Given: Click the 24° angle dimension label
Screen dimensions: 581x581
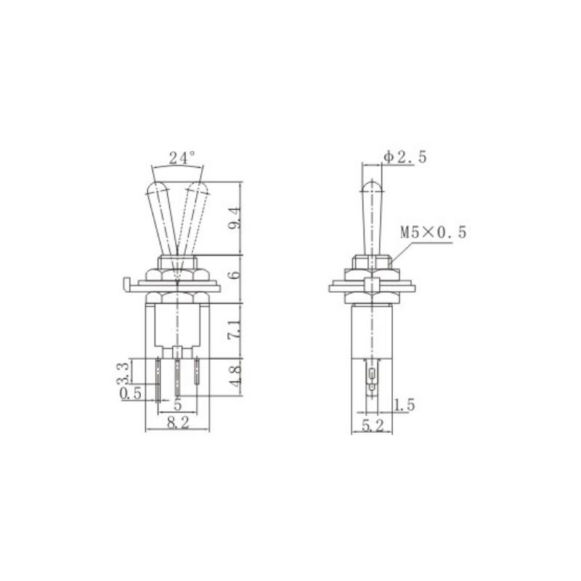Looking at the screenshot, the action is click(x=182, y=158).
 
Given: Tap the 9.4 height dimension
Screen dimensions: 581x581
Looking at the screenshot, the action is click(x=235, y=219).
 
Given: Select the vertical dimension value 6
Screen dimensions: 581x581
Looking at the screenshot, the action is click(x=235, y=275).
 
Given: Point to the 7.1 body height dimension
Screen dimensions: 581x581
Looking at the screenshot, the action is click(x=235, y=330).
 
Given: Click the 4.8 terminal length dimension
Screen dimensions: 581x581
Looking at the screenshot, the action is click(x=235, y=376).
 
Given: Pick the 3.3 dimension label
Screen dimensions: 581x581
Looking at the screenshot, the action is click(x=123, y=373).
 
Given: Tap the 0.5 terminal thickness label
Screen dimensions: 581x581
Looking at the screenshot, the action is click(x=131, y=393).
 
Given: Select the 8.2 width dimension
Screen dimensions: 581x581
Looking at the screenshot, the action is click(x=178, y=423).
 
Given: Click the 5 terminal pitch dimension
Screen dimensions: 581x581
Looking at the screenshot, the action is click(x=178, y=405).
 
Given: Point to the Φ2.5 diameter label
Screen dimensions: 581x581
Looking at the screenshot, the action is click(x=405, y=157).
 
